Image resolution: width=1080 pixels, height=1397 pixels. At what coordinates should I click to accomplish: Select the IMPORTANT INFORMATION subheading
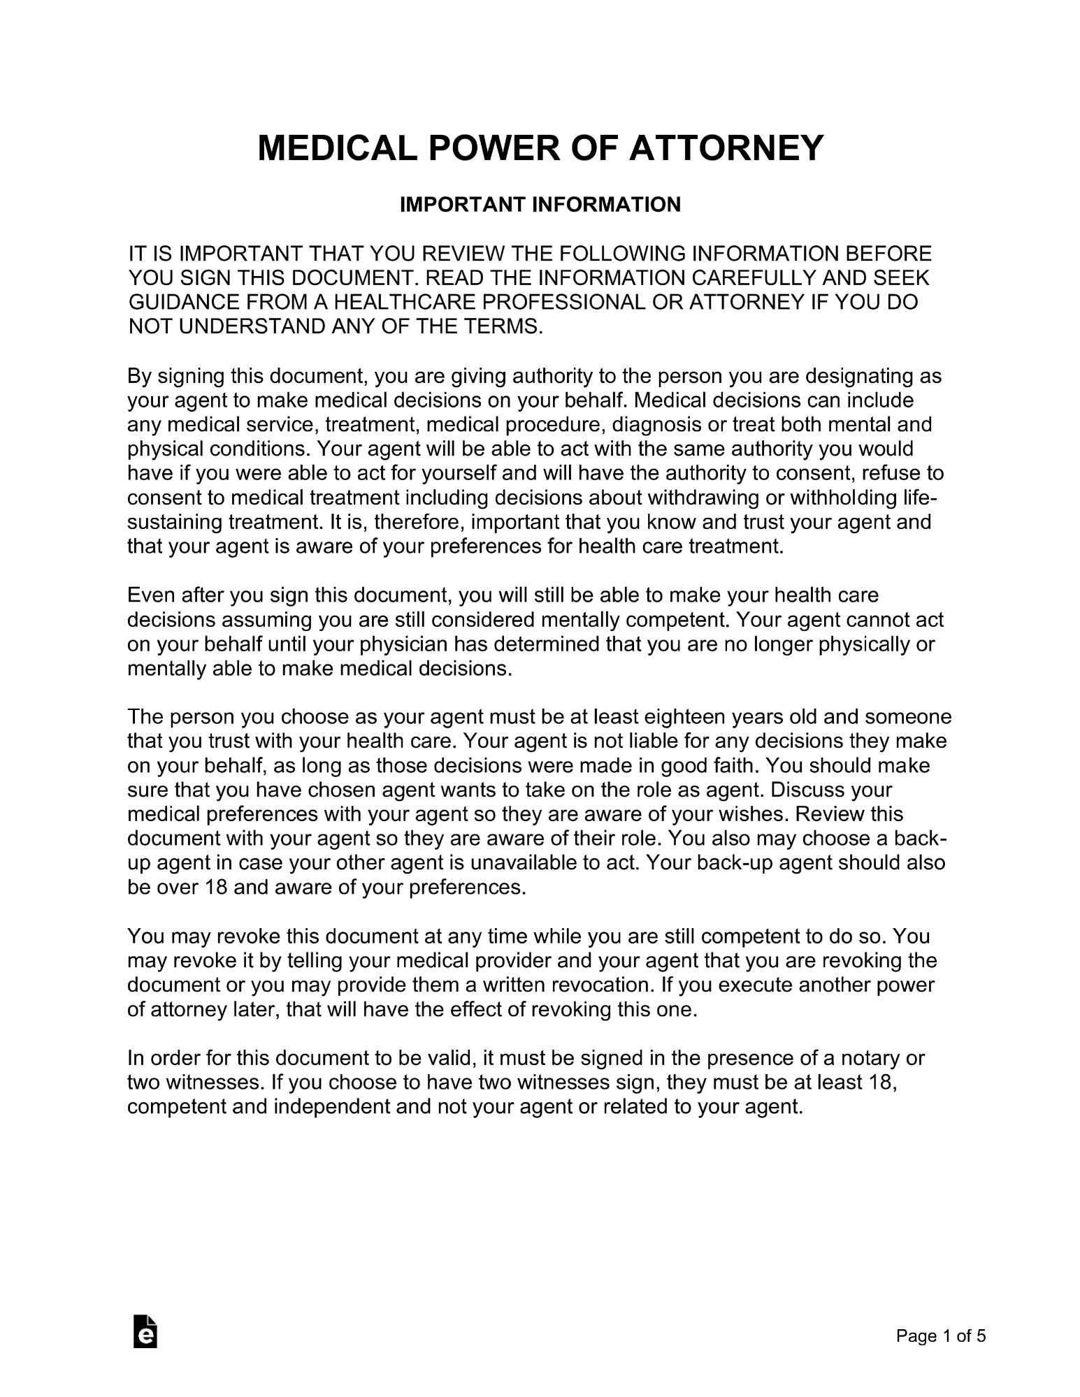pos(540,205)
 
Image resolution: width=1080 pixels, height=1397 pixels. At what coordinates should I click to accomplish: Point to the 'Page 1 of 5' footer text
pos(941,1336)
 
